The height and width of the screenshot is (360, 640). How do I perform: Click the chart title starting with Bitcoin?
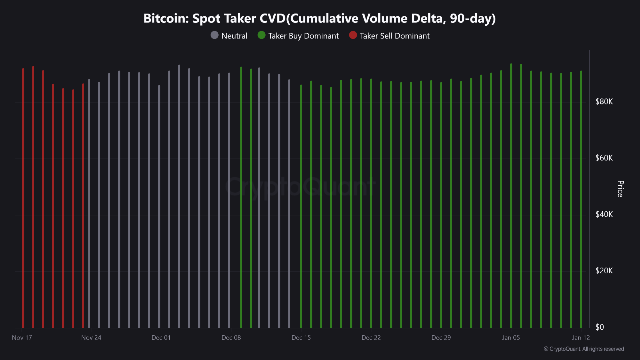[x=320, y=19]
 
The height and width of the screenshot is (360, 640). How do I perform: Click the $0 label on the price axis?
[x=599, y=327]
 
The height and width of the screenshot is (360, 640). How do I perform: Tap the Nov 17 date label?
[x=22, y=338]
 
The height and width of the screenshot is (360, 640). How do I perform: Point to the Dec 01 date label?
[x=161, y=338]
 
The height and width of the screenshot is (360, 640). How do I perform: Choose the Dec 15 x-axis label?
[x=301, y=338]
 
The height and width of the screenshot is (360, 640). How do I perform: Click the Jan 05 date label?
[x=511, y=338]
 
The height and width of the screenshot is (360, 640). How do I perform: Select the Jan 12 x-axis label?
[x=581, y=338]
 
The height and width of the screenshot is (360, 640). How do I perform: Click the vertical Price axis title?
[x=620, y=189]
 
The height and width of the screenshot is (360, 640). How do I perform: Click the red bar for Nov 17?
[x=23, y=200]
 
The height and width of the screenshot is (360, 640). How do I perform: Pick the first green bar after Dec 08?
[x=241, y=200]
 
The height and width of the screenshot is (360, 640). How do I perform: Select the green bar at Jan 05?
[x=511, y=200]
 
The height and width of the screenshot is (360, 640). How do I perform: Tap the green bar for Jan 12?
[x=581, y=200]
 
